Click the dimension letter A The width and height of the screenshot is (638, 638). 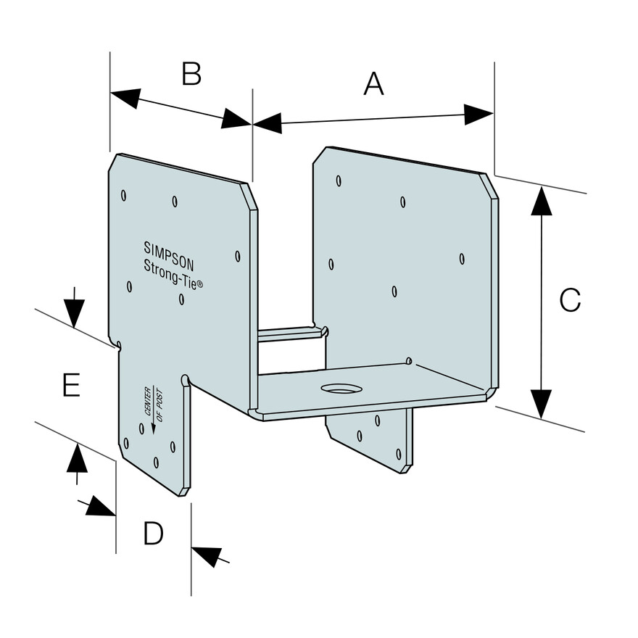tap(373, 84)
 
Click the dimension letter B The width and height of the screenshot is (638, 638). tap(191, 73)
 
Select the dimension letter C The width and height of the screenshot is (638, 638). tap(570, 300)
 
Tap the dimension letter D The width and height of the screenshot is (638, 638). tap(153, 534)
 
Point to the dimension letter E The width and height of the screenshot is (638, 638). tap(70, 385)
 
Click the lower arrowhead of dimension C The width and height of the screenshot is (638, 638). tap(537, 404)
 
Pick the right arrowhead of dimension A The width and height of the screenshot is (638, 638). tap(479, 113)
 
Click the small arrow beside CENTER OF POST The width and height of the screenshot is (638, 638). tap(153, 428)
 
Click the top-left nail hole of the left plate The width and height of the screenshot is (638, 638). tap(124, 194)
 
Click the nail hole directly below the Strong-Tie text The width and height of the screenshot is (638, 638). tap(180, 298)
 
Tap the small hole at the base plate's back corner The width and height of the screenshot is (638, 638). tap(409, 360)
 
